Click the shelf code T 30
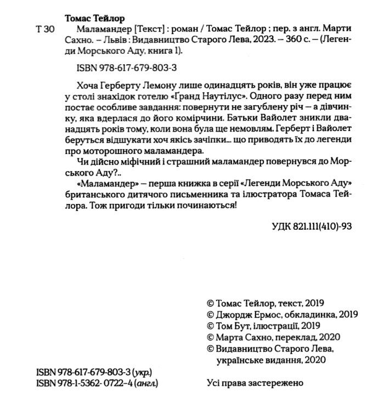tap(43, 30)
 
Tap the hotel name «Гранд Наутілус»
tap(218, 94)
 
